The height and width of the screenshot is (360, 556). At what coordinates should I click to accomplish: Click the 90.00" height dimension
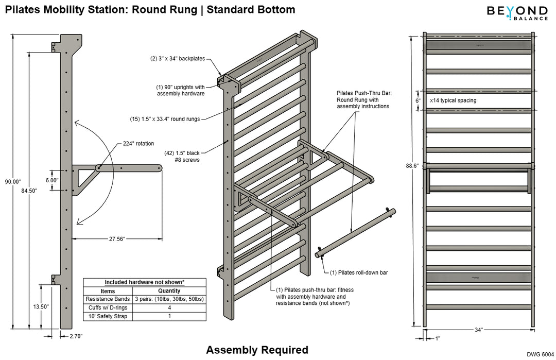(12, 181)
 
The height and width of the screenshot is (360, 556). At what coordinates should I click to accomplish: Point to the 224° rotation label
(138, 143)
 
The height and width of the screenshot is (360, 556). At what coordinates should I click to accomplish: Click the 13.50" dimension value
(41, 306)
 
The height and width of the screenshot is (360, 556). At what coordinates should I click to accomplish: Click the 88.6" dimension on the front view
(412, 166)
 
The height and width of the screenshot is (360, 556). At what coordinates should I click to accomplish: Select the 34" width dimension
(479, 330)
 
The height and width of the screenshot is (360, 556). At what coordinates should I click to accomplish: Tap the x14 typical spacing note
(453, 100)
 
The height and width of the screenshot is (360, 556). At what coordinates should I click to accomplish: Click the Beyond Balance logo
(511, 12)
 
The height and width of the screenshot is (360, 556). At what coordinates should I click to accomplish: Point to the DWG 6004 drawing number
(540, 354)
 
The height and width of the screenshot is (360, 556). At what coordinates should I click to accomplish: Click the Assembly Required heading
(257, 350)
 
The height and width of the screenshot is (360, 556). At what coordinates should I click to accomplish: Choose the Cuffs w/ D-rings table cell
(108, 307)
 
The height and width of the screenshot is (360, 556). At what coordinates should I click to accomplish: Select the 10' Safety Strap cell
(108, 316)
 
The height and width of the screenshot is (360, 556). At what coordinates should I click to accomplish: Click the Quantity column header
(169, 291)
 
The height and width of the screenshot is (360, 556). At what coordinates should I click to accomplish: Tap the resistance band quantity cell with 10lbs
(169, 299)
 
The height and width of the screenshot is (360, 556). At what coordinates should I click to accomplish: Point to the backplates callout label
(178, 59)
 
